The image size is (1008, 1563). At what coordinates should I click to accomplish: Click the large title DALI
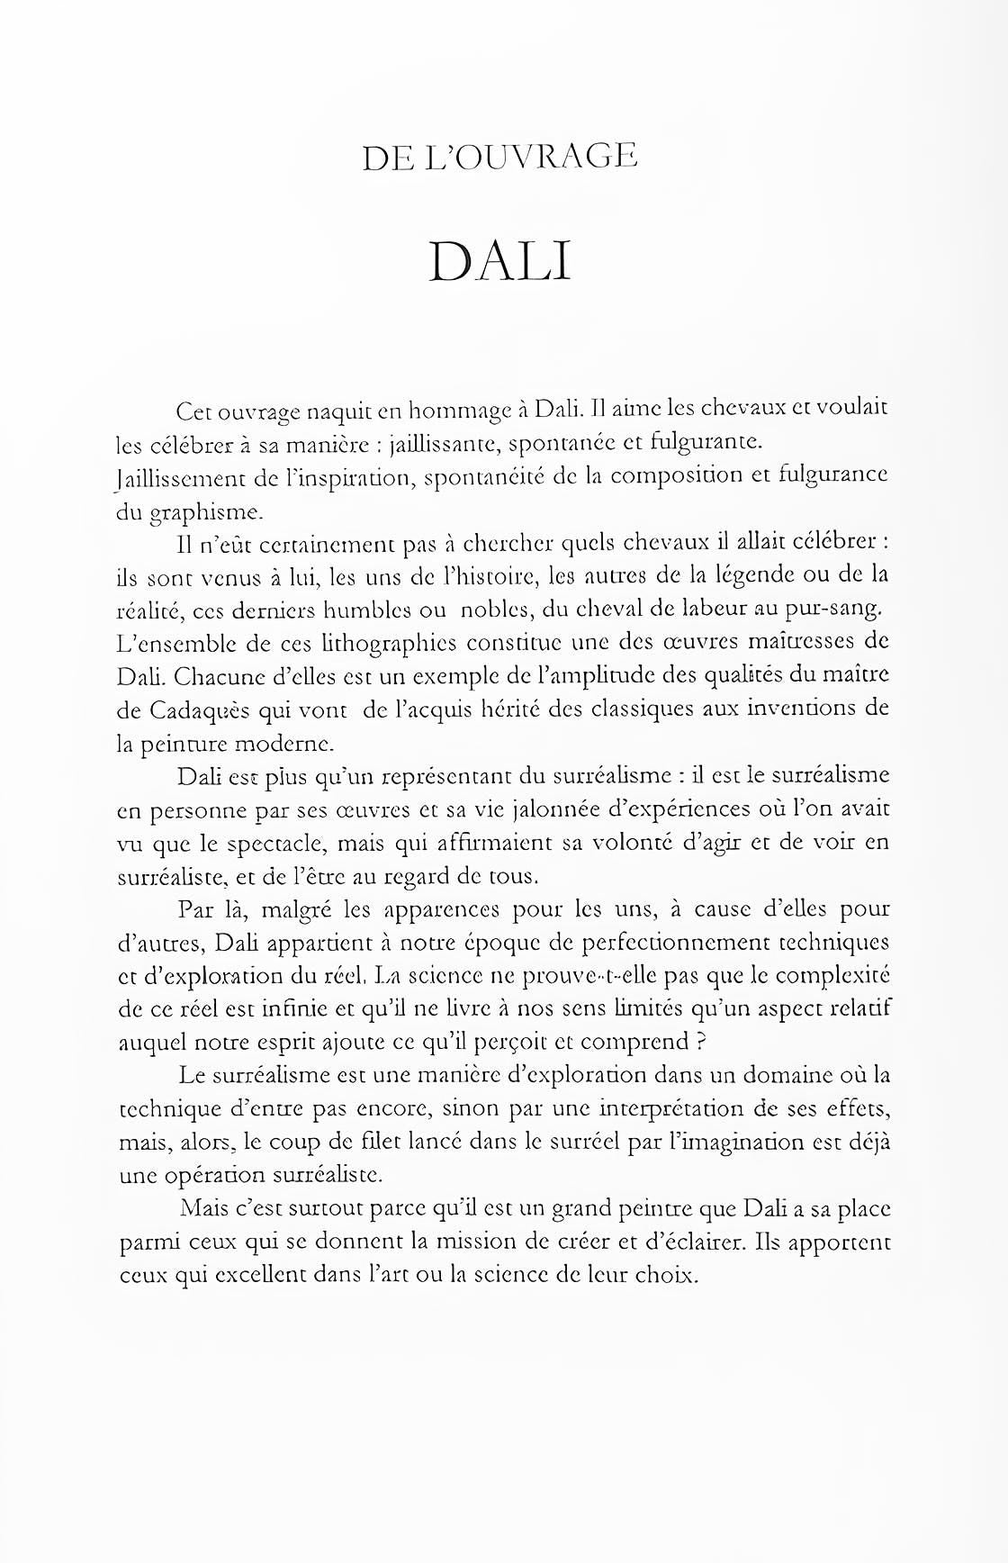click(500, 262)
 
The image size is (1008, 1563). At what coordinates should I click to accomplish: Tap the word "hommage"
click(459, 413)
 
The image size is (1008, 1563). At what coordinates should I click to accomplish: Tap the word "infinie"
click(310, 1009)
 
